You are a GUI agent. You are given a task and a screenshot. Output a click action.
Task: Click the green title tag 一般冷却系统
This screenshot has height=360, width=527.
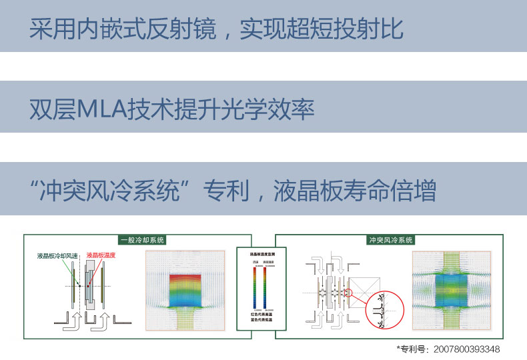141,240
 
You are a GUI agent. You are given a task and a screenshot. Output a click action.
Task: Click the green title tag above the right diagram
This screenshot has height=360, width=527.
391,240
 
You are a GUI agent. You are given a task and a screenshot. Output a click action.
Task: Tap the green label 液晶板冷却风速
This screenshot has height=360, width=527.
57,255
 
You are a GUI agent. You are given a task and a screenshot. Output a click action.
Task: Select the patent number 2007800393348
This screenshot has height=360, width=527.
466,349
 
